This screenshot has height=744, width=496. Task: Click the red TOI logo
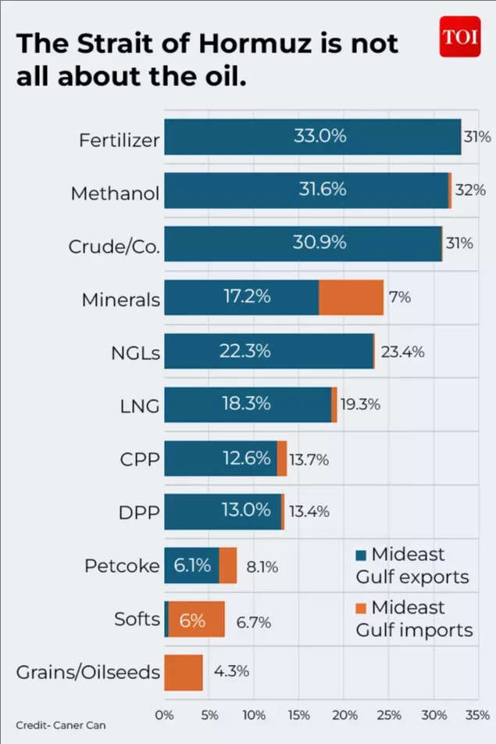pos(459,36)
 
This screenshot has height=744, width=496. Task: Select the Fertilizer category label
pos(119,140)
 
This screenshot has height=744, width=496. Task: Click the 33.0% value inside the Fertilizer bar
pos(319,136)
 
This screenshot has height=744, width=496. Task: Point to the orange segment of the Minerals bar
pos(351,297)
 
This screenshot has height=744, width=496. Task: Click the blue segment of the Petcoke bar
pos(191,565)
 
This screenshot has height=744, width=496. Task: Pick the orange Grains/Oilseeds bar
pos(184,672)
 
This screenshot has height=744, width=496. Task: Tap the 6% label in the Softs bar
pos(192,620)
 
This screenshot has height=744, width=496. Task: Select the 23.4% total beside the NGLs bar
pos(403,351)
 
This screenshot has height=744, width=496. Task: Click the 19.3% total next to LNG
pos(362,404)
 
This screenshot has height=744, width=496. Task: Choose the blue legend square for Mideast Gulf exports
pos(360,555)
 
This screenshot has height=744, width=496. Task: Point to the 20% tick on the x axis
pos(344,715)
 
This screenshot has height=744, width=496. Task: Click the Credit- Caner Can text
pos(60,725)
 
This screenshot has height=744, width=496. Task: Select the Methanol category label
pos(115,193)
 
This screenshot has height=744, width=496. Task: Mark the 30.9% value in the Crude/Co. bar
pos(319,243)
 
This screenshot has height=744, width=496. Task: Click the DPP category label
pos(140,512)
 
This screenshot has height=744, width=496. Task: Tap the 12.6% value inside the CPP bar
pos(246,458)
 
